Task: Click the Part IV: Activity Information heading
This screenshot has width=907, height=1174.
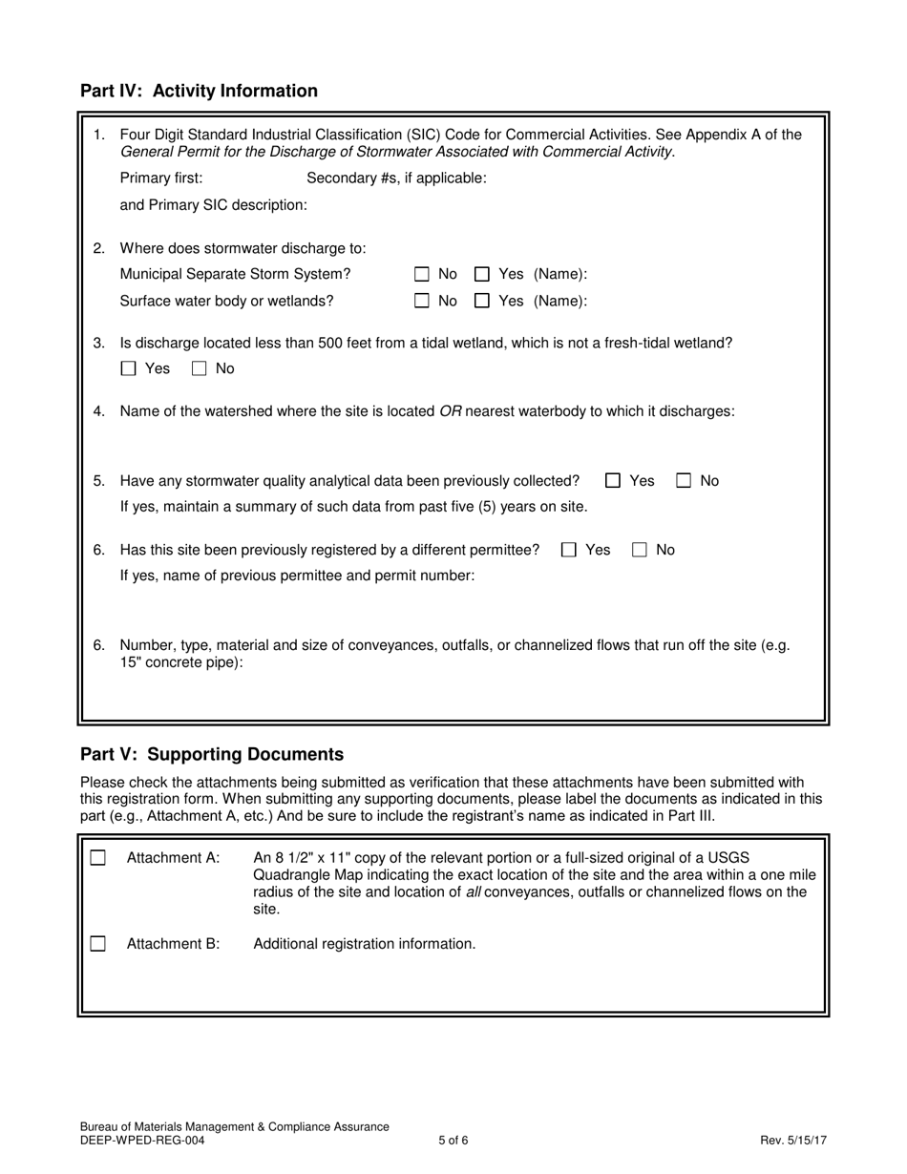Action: tap(199, 91)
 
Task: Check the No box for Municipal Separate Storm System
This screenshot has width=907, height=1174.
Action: tap(422, 275)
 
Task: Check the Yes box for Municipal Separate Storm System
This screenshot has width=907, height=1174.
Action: tap(482, 275)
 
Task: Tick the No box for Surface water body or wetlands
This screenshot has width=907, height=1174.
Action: tap(422, 302)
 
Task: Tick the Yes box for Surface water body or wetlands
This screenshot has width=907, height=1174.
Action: tap(482, 302)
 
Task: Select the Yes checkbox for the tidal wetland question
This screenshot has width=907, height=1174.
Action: tap(129, 369)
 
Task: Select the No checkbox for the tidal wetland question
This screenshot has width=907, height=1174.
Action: tap(200, 369)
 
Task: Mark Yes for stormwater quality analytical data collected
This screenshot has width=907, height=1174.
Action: tap(614, 481)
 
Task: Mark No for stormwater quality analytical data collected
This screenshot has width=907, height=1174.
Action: tap(684, 481)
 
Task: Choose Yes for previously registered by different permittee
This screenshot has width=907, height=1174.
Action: tap(569, 550)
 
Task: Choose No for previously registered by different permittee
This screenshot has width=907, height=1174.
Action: tap(640, 550)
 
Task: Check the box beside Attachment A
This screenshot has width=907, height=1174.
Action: tap(97, 858)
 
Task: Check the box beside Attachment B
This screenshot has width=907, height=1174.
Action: tap(97, 944)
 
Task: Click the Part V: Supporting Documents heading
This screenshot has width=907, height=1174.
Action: tap(212, 754)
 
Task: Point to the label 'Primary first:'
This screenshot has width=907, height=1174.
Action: tap(161, 178)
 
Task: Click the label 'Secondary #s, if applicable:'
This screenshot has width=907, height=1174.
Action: tap(396, 178)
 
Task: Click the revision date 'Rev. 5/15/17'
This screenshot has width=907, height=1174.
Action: tap(793, 1140)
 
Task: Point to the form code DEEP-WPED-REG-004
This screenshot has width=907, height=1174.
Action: tap(141, 1140)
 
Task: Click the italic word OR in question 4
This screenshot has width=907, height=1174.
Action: tap(451, 411)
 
